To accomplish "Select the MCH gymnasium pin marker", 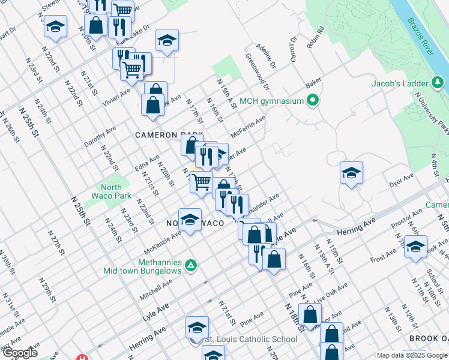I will pyautogui.click(x=312, y=101).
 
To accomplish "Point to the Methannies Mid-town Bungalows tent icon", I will pyautogui.click(x=190, y=264).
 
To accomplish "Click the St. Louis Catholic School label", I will pyautogui.click(x=251, y=340).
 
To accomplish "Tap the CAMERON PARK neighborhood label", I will pyautogui.click(x=169, y=135).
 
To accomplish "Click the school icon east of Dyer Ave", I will pyautogui.click(x=351, y=173).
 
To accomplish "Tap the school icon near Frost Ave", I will pyautogui.click(x=415, y=247).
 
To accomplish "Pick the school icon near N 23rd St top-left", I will pyautogui.click(x=55, y=27).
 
